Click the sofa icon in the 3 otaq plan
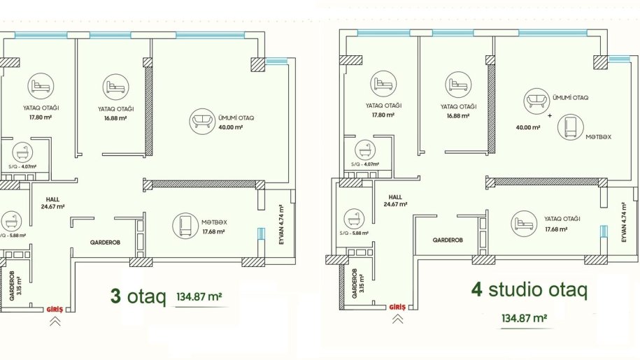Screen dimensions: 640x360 202,121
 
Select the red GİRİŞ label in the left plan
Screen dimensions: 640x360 55,310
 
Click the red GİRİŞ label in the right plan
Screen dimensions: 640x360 397,307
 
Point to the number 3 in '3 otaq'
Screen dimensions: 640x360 116,296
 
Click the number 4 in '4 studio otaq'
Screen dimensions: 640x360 477,289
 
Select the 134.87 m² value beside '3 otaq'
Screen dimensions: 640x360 199,296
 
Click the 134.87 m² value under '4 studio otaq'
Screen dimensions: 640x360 525,317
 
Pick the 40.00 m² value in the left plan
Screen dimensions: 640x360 231,127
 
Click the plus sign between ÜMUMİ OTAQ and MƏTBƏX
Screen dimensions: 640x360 550,116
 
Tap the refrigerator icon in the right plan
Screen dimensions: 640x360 571,127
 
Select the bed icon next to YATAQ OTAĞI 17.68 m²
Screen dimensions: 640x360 524,224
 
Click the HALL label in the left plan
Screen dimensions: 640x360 52,199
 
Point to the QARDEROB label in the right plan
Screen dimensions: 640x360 448,240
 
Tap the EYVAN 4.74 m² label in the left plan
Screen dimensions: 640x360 281,224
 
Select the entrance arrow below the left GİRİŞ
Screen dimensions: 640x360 55,322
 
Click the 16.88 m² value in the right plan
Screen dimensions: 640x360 458,116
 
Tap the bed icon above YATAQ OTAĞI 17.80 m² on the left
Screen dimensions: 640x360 41,86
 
